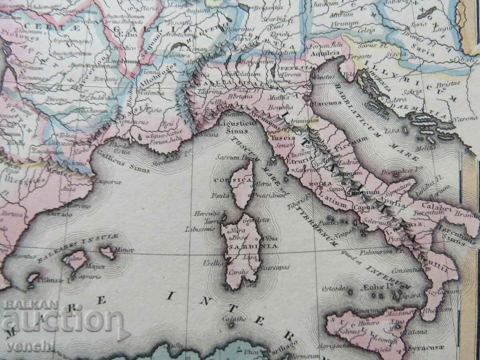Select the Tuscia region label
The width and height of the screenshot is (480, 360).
point(283,137)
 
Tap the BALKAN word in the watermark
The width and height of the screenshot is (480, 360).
point(31,305)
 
